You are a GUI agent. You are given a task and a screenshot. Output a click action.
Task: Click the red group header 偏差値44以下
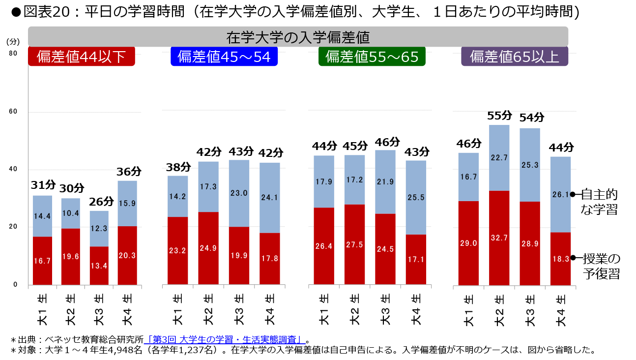tap(82, 57)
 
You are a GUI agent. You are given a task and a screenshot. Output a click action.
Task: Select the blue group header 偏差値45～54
tap(224, 57)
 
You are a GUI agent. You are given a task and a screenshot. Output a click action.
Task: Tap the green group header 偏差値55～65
tap(372, 57)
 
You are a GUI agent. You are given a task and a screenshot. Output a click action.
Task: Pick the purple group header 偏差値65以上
tap(514, 57)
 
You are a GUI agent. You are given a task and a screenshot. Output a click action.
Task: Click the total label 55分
tap(499, 116)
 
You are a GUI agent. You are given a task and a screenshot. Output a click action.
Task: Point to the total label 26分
tap(102, 202)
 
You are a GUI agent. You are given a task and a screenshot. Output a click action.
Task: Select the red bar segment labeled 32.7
tap(499, 238)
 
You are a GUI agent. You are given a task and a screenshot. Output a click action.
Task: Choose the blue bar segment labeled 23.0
tap(239, 193)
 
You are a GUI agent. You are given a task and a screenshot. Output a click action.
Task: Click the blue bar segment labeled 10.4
tap(70, 213)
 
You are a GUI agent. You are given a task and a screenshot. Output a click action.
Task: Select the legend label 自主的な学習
tap(599, 202)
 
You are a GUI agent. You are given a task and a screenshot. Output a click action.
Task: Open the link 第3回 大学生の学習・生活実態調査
tap(224, 339)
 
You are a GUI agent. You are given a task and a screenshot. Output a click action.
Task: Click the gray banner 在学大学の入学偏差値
tap(298, 37)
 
